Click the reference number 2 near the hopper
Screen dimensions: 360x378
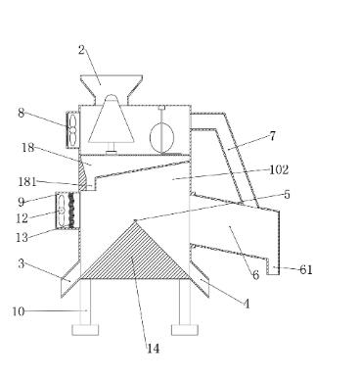coord(81,50)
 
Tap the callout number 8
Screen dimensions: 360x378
coord(22,113)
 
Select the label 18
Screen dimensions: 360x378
coord(27,148)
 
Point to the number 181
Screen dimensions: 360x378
coord(27,181)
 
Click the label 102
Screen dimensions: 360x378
coord(279,169)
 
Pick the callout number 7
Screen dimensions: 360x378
coord(273,136)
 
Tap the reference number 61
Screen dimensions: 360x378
coord(306,269)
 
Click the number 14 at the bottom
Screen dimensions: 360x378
coord(153,349)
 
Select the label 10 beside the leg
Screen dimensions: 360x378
coord(19,311)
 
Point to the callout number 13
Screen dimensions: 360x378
coord(22,237)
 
